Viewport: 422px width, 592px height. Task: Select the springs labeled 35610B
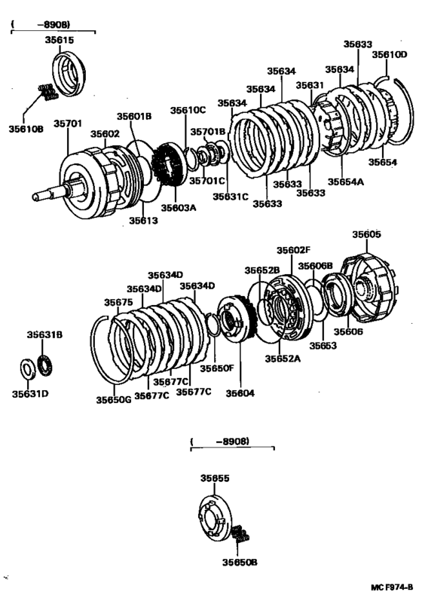click(47, 93)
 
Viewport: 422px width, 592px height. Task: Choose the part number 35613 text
click(143, 221)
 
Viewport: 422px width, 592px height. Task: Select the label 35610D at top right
click(389, 54)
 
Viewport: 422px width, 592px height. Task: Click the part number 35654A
click(345, 182)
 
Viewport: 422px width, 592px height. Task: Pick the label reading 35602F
click(294, 251)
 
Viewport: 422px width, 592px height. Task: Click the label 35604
click(240, 392)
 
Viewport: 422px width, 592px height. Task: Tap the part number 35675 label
click(118, 302)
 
